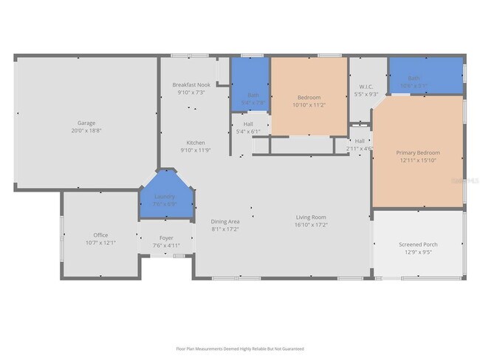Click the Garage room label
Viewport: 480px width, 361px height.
coord(86,123)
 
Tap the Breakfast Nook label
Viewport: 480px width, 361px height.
coord(191,84)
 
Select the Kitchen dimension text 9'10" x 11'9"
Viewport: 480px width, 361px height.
coord(196,150)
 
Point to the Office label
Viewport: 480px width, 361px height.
coord(100,235)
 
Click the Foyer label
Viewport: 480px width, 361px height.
coord(166,238)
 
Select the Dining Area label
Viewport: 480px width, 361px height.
coord(225,221)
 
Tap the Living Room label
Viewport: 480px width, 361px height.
coord(311,217)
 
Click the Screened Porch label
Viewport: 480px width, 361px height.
coord(418,244)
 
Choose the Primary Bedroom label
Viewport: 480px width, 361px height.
coord(417,152)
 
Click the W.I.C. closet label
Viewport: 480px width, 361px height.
coord(366,87)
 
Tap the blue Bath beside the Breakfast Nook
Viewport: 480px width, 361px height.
coord(251,95)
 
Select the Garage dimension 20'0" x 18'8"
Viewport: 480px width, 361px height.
coord(86,130)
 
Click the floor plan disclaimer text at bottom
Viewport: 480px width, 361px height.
coord(240,348)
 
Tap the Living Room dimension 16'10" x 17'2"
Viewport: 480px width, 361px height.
coord(311,224)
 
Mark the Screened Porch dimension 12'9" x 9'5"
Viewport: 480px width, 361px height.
coord(418,252)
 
